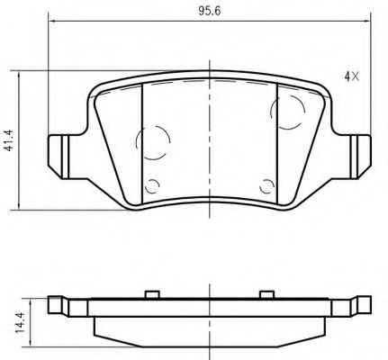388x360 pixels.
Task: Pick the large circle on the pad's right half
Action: click(288, 113)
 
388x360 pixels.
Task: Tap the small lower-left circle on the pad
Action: click(152, 186)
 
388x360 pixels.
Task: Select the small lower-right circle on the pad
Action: click(266, 186)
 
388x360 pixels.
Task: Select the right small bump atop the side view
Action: click(266, 293)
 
